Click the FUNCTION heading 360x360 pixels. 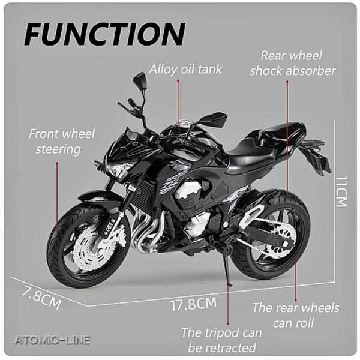(x=104, y=34)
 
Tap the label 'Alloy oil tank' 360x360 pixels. (x=185, y=69)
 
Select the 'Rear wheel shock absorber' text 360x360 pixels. (x=293, y=64)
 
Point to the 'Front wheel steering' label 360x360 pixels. (x=62, y=142)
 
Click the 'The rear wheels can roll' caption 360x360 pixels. (x=296, y=315)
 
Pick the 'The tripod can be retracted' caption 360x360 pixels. (x=222, y=340)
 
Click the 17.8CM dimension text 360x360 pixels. (x=193, y=304)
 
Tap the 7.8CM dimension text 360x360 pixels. (x=41, y=297)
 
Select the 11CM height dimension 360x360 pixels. (x=341, y=191)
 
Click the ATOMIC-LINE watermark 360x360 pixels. (x=52, y=340)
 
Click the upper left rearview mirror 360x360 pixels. (x=139, y=80)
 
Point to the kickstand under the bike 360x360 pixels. (x=228, y=267)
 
